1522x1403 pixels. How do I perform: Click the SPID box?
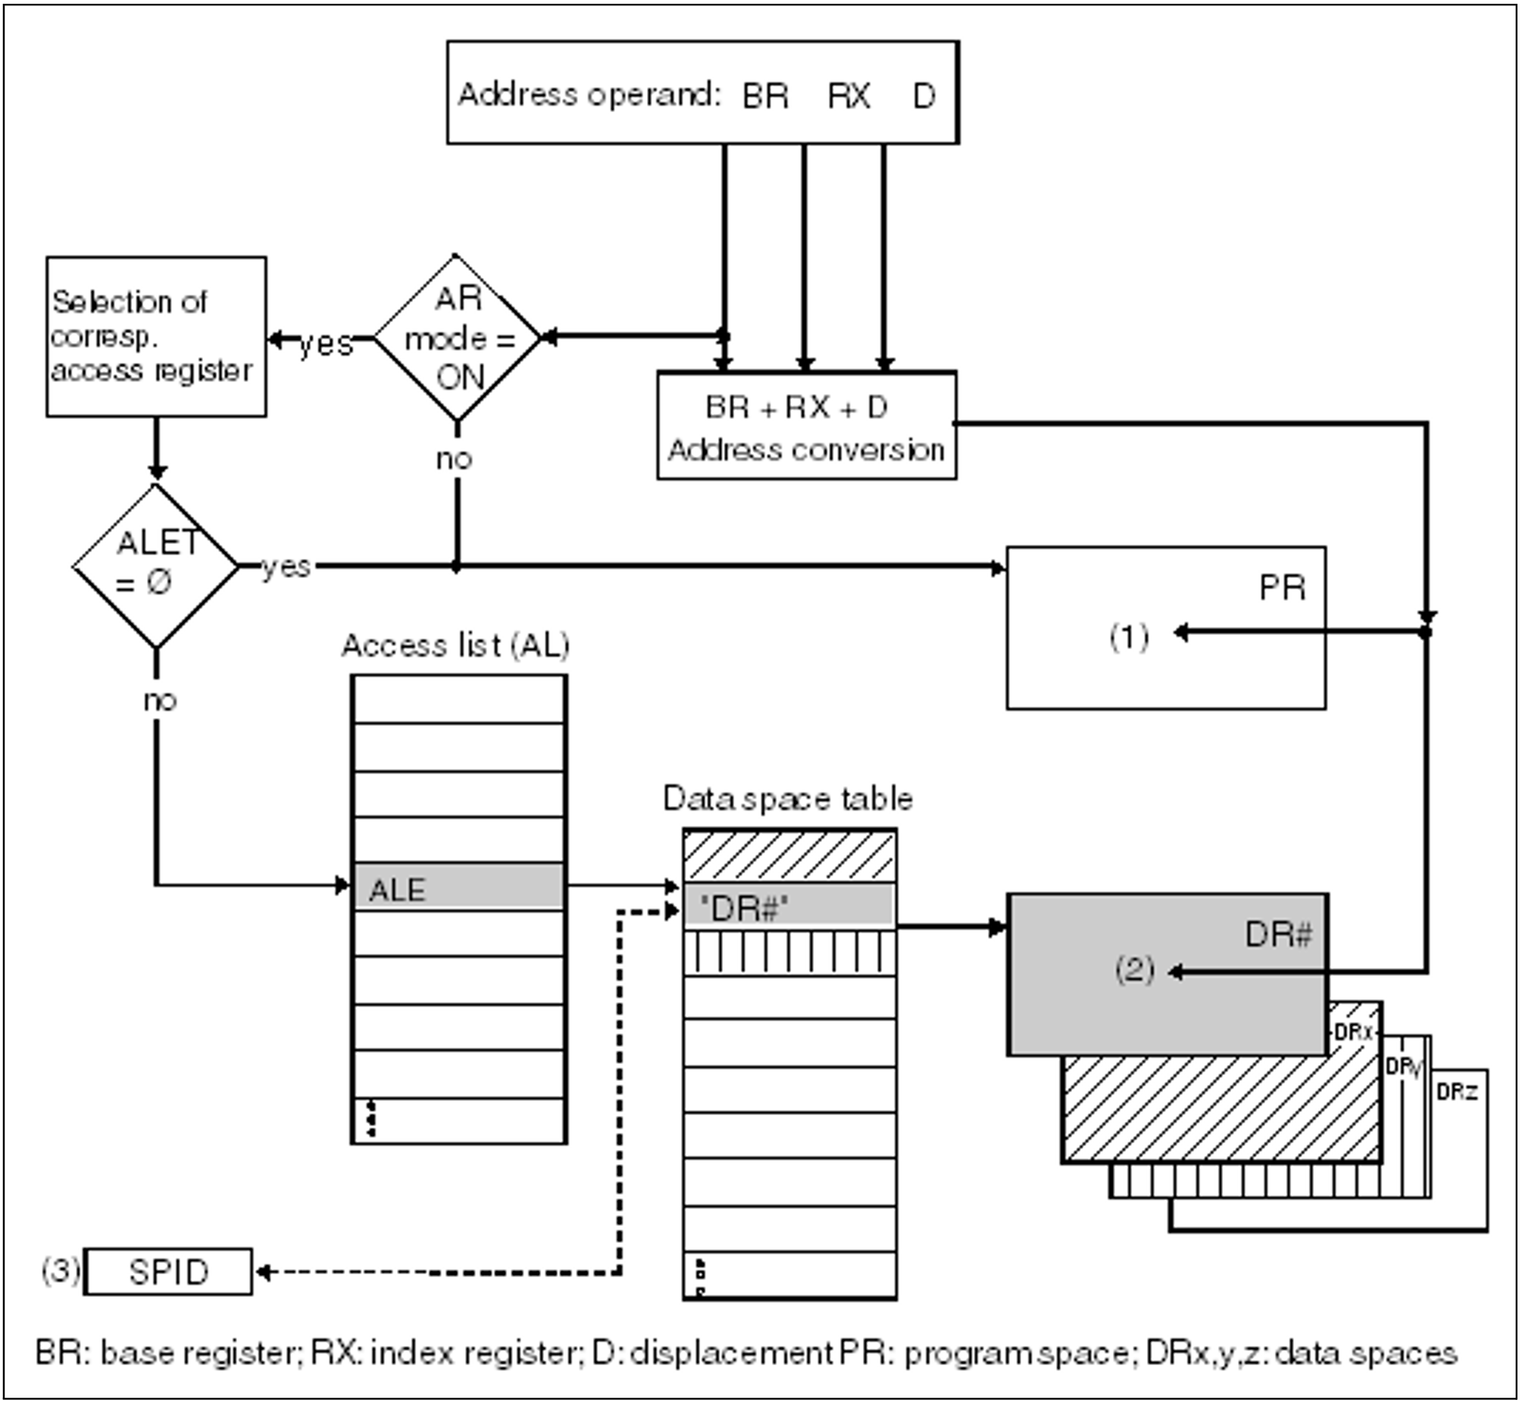[167, 1272]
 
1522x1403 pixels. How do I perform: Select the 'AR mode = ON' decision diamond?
[458, 338]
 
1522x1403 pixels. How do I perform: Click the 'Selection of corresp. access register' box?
[156, 336]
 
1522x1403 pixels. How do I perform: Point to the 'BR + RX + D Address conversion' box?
[806, 426]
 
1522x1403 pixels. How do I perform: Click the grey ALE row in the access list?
[459, 887]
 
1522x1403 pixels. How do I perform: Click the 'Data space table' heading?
[787, 798]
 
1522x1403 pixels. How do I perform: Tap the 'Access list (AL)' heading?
[455, 645]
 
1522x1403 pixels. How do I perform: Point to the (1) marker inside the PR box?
[1129, 636]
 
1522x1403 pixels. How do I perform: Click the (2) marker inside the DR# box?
[1134, 970]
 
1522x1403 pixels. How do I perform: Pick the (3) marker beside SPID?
[60, 1270]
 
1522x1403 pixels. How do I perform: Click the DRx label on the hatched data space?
[1353, 1033]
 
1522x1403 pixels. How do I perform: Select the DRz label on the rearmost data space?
[1457, 1092]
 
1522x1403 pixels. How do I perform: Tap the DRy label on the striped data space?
[1402, 1067]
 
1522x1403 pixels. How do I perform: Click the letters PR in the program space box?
[1282, 588]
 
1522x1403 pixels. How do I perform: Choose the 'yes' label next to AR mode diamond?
[326, 343]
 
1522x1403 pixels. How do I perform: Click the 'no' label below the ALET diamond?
[159, 699]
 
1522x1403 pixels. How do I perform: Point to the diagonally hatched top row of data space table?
[789, 855]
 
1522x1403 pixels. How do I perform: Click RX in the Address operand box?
[849, 95]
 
